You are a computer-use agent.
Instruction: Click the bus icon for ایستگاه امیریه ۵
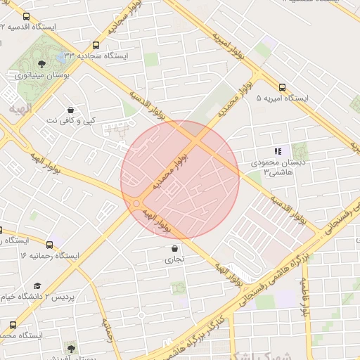pos(282,88)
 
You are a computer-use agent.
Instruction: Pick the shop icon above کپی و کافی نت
pos(70,110)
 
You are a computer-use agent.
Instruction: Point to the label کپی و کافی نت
pos(70,120)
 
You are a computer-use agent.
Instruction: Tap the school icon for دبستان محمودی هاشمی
pos(278,151)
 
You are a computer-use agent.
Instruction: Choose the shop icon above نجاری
pos(174,248)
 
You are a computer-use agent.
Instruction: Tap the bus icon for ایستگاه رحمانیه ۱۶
pos(49,245)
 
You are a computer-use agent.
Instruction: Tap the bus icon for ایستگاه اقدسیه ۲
pos(27,16)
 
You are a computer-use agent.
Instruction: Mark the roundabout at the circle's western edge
pos(135,204)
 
